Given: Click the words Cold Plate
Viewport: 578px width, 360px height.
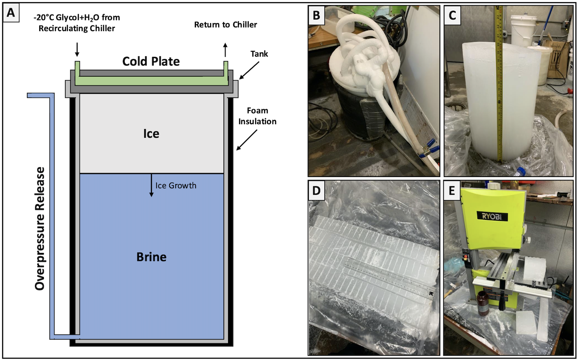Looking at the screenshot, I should coord(151,61).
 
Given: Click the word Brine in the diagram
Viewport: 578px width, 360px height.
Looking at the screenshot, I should coord(151,257).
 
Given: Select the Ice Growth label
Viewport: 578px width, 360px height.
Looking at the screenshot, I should coord(176,186).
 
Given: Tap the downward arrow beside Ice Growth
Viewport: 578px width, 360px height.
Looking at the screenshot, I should coord(151,187).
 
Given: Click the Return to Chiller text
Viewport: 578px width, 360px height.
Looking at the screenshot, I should coord(225,24).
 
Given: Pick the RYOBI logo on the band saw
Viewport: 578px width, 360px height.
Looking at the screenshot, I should coord(492,217).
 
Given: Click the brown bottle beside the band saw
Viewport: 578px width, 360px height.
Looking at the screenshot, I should coord(483,303).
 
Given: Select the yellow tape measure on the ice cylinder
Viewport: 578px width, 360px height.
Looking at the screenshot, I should coord(501,85).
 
